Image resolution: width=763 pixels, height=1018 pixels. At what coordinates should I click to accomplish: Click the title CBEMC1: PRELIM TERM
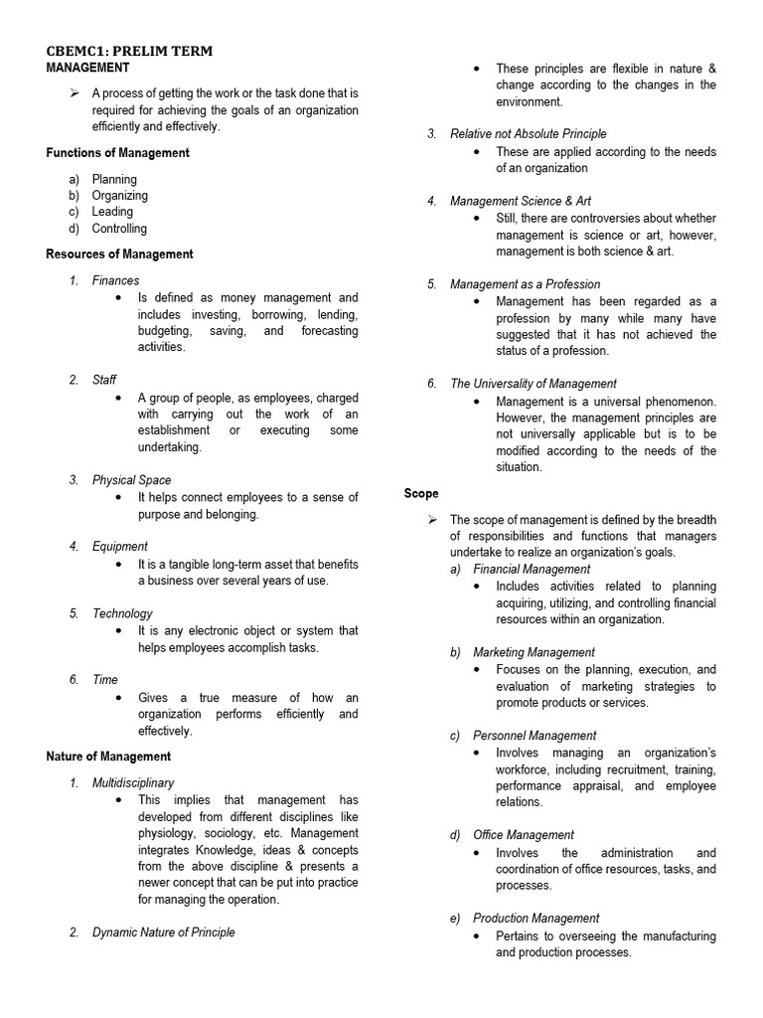tap(129, 51)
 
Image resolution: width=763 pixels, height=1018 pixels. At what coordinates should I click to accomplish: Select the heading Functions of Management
tap(117, 153)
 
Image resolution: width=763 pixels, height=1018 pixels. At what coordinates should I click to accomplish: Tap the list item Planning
tap(114, 180)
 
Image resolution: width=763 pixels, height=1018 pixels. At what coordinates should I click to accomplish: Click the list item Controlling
tap(119, 229)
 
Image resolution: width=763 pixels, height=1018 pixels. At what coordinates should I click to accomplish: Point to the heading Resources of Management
tap(119, 254)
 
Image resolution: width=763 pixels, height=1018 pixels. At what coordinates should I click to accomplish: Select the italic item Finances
tap(115, 281)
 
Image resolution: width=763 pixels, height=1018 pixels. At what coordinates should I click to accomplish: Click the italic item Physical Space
tap(131, 480)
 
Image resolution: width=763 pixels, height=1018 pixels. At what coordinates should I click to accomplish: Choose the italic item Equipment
tap(119, 547)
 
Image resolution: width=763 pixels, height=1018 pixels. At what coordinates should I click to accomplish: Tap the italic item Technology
tap(122, 613)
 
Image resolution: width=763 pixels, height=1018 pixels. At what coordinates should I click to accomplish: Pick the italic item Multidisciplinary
tap(132, 783)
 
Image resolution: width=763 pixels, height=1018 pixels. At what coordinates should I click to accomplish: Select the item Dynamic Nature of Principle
tap(163, 933)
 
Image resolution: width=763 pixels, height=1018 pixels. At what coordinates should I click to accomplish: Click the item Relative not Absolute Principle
tap(528, 134)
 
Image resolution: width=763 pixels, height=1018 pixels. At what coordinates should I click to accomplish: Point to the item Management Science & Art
tap(520, 201)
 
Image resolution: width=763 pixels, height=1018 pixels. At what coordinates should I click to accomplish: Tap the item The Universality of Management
tap(533, 384)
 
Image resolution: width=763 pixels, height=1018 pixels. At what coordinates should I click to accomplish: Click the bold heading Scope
tap(421, 494)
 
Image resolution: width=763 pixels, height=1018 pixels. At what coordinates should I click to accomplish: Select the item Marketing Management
tap(534, 652)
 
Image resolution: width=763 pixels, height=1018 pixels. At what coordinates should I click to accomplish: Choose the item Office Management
tap(523, 835)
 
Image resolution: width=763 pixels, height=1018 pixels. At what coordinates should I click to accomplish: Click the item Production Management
tap(535, 919)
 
